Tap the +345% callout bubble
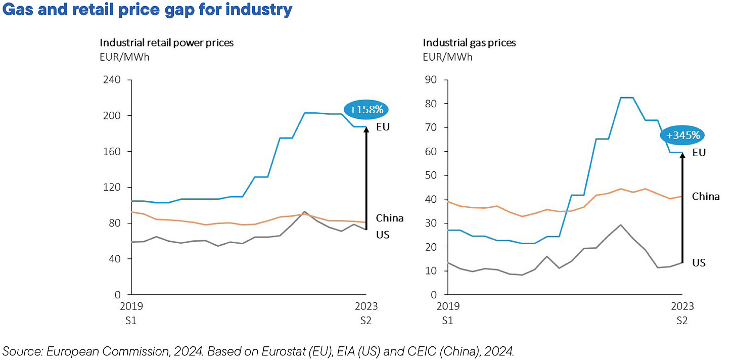coord(683,136)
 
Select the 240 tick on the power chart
coord(113,80)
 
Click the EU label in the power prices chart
coord(383,127)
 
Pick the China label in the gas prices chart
coord(706,196)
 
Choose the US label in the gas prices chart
coord(699,262)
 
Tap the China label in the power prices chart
coord(389,218)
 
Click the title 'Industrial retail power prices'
coord(166,42)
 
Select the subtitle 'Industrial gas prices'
coord(469,42)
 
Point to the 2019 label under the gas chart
coord(445,306)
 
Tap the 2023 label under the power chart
coord(366,306)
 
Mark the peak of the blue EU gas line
coord(627,98)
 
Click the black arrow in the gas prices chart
coord(682,207)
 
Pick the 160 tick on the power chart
coord(113,152)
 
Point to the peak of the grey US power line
coord(305,212)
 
